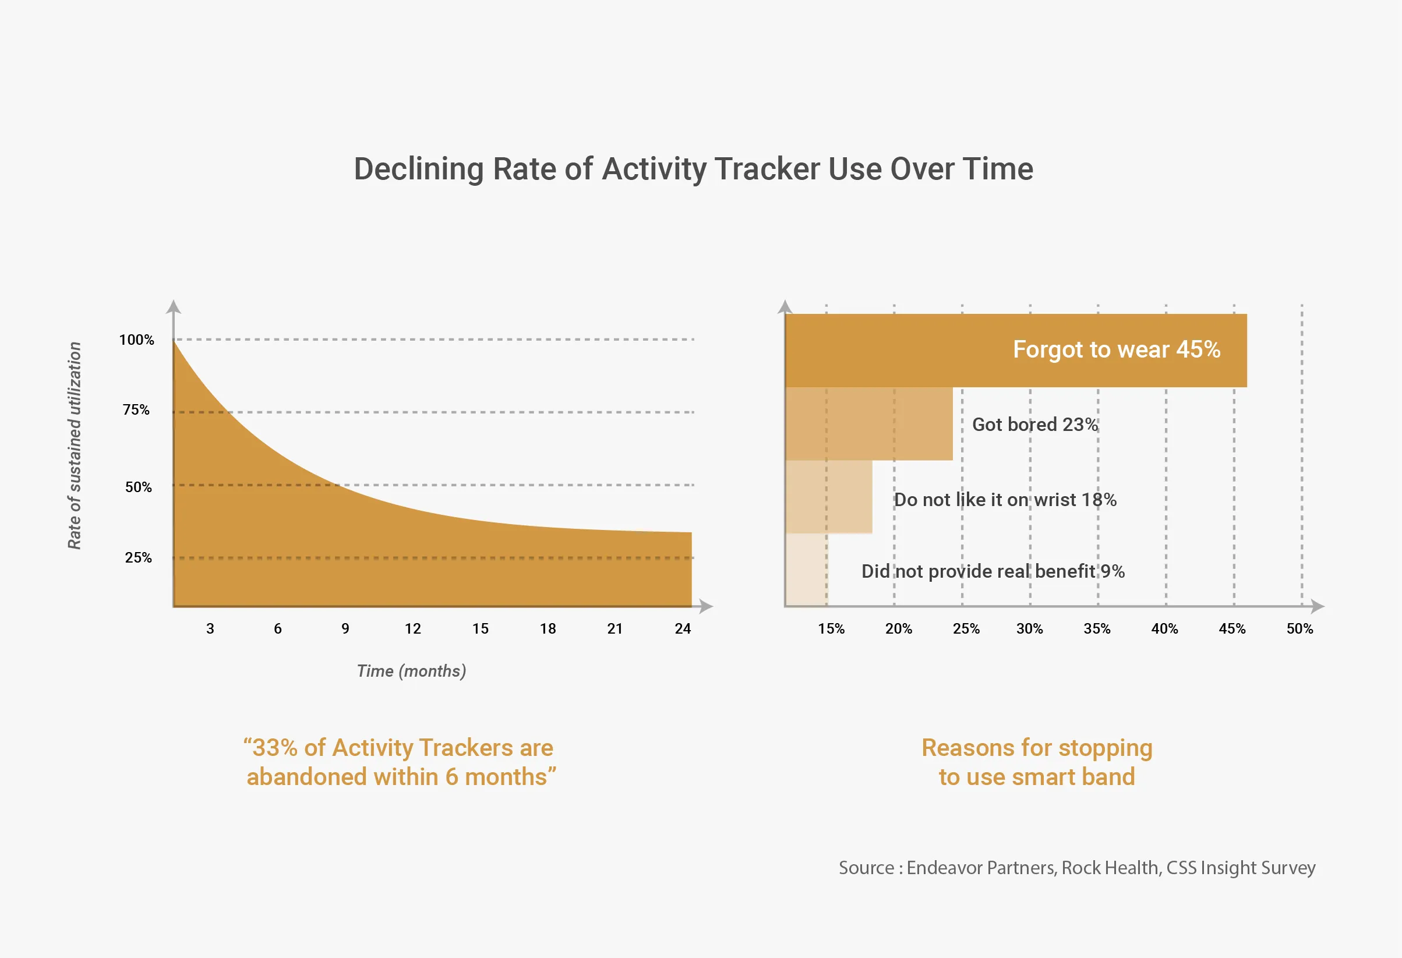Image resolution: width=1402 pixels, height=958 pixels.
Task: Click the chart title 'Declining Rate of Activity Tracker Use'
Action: click(693, 169)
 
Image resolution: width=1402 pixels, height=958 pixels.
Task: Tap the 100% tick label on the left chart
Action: click(136, 340)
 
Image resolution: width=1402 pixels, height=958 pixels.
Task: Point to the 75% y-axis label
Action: click(136, 410)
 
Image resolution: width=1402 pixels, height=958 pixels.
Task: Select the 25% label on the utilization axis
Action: click(138, 558)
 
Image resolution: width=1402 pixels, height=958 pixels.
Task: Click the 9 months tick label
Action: click(345, 628)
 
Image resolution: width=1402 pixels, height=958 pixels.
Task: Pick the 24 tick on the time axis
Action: click(682, 628)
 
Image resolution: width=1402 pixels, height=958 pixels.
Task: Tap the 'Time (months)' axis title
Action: click(411, 671)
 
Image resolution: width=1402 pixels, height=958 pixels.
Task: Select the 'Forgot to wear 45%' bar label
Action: click(1116, 350)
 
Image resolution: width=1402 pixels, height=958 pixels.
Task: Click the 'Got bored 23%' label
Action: click(1034, 425)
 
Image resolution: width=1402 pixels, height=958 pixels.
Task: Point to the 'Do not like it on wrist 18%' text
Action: click(1005, 500)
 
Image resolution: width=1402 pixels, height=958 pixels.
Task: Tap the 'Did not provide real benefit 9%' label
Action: click(993, 571)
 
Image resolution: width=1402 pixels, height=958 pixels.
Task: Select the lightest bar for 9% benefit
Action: click(807, 570)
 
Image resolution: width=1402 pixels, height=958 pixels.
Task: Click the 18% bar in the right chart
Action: click(829, 497)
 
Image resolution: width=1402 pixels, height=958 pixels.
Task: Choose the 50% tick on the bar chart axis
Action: click(1299, 628)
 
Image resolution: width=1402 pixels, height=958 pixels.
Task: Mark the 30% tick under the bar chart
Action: click(1029, 628)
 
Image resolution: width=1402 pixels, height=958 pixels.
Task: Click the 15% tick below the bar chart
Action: click(831, 628)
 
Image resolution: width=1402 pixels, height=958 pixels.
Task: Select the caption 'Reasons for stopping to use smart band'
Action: click(1036, 762)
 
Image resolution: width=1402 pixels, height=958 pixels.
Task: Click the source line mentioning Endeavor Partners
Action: click(1077, 868)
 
